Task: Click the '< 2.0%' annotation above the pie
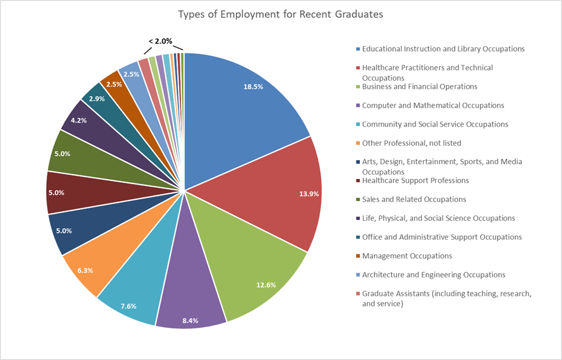pyautogui.click(x=160, y=41)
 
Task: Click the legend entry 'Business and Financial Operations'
pyautogui.click(x=419, y=86)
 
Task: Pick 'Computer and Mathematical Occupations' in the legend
pyautogui.click(x=433, y=105)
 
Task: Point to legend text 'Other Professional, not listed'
pyautogui.click(x=411, y=143)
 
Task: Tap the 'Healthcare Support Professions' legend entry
pyautogui.click(x=415, y=180)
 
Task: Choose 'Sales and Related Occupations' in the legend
pyautogui.click(x=414, y=199)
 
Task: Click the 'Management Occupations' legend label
pyautogui.click(x=407, y=256)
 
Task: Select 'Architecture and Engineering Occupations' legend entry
pyautogui.click(x=433, y=275)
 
